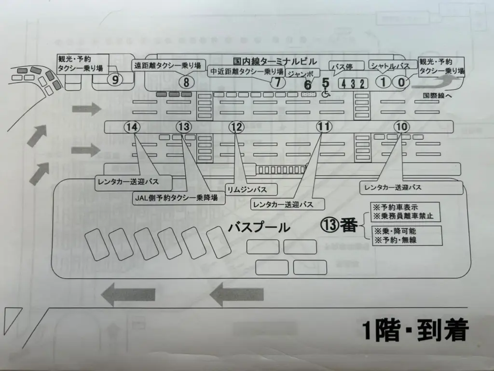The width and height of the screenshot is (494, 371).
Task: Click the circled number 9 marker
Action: tap(115, 80)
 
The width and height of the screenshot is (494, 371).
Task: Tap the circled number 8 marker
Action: tap(186, 82)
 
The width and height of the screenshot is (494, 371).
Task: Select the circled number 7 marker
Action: tap(277, 82)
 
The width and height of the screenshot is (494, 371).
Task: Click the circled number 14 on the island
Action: tap(133, 128)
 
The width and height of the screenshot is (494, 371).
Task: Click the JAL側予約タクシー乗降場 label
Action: tap(175, 197)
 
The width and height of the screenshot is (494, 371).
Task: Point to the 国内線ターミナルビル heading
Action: tap(274, 61)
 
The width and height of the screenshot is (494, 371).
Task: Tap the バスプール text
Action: tap(260, 228)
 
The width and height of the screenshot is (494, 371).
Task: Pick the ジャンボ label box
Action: tap(302, 73)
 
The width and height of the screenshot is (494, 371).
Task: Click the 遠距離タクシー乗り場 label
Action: tap(169, 65)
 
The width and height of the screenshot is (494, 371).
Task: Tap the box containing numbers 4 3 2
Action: tap(353, 83)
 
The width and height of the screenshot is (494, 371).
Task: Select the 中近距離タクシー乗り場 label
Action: tap(247, 71)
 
